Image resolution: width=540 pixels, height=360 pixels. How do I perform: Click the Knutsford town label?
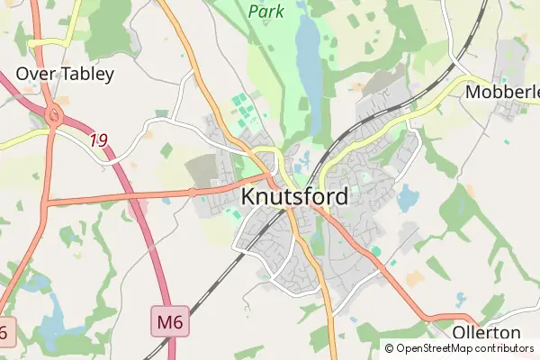coord(295,195)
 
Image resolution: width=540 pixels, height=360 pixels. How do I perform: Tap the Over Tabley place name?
coord(65,74)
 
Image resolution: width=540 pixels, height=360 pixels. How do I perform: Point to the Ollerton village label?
coord(486,333)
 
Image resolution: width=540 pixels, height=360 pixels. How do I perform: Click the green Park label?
coord(267,12)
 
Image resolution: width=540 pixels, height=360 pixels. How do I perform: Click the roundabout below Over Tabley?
coord(53,116)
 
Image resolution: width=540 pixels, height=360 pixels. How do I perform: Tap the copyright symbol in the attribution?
coord(389,347)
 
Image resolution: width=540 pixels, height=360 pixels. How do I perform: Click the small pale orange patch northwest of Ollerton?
coord(414,278)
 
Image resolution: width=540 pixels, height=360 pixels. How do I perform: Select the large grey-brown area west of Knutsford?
coord(202,172)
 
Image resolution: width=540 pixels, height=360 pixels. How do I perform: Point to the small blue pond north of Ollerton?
coord(462,298)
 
